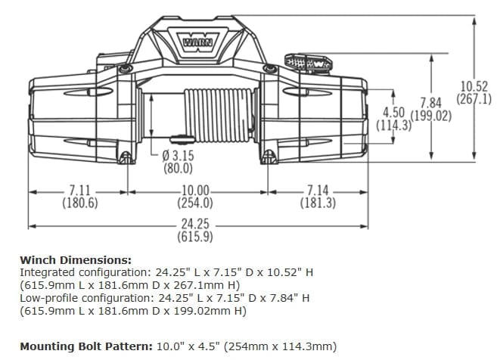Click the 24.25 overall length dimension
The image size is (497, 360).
click(x=195, y=225)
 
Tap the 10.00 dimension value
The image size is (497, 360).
click(x=195, y=191)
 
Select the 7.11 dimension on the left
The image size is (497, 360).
click(x=80, y=191)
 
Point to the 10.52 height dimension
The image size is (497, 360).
click(x=474, y=86)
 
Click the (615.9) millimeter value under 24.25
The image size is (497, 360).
click(x=195, y=237)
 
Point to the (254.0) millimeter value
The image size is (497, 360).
click(x=195, y=203)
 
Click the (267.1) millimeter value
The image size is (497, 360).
click(x=474, y=99)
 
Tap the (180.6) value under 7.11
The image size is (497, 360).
click(x=80, y=203)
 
